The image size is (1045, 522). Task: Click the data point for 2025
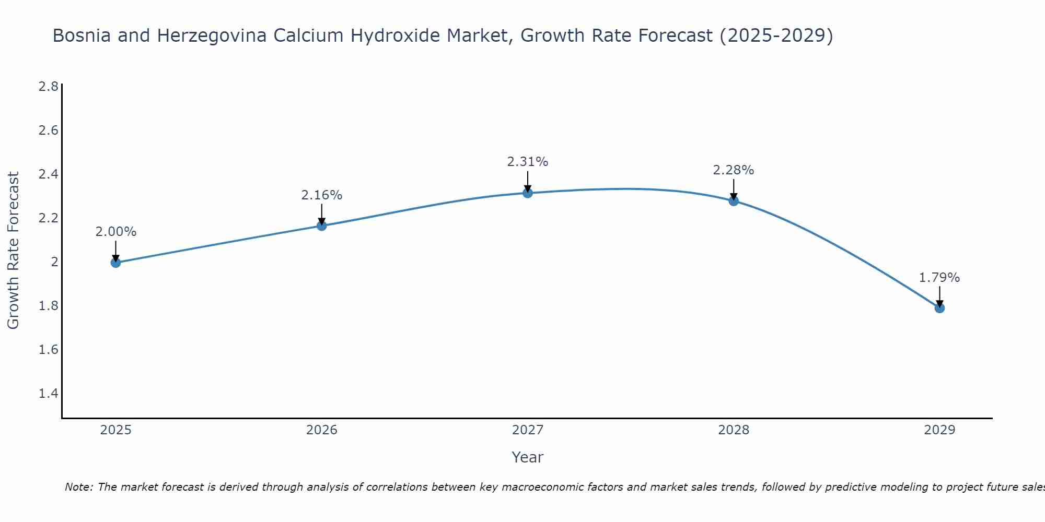[116, 263]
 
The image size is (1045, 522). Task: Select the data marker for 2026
[322, 226]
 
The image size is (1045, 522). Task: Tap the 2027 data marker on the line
[528, 193]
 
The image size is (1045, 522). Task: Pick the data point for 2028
[734, 201]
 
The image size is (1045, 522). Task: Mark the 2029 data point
[939, 308]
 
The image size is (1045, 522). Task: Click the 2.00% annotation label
[116, 232]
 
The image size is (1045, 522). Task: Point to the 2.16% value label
[322, 195]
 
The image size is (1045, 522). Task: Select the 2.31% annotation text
[528, 162]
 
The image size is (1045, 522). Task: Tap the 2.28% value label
[734, 170]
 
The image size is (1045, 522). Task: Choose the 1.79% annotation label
[939, 278]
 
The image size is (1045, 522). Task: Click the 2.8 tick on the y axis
[49, 86]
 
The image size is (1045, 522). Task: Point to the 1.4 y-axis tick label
[49, 393]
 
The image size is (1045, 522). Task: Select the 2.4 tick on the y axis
[49, 174]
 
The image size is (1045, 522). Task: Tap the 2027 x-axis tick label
[528, 430]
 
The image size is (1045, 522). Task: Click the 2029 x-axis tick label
[939, 430]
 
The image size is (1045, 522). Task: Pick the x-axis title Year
[528, 457]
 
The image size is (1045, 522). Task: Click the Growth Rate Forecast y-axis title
[14, 251]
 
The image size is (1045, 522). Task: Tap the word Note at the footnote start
[78, 487]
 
